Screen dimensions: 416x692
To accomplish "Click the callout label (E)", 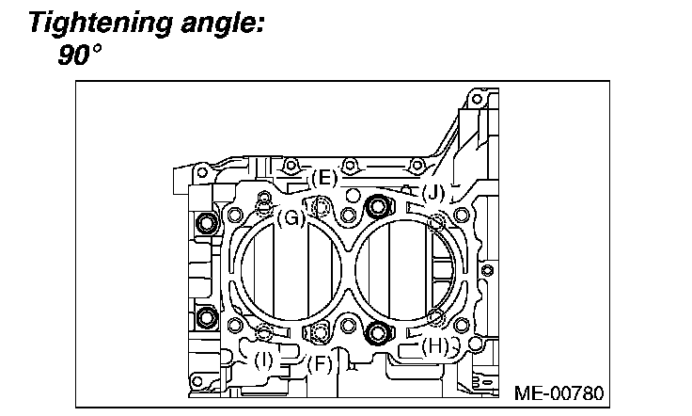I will [x=323, y=178].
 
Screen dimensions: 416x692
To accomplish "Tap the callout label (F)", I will [x=321, y=362].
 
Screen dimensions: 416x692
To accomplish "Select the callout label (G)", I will [x=291, y=217].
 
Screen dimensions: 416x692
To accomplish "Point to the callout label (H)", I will [x=433, y=344].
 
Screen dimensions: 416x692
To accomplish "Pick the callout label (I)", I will [x=264, y=359].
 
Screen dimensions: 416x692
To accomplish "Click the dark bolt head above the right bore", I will [x=379, y=206].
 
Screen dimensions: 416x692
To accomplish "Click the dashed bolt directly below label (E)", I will [x=322, y=207].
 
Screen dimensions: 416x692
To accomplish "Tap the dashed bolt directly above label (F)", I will [x=321, y=331].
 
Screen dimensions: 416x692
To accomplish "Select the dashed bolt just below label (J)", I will [x=435, y=222].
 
